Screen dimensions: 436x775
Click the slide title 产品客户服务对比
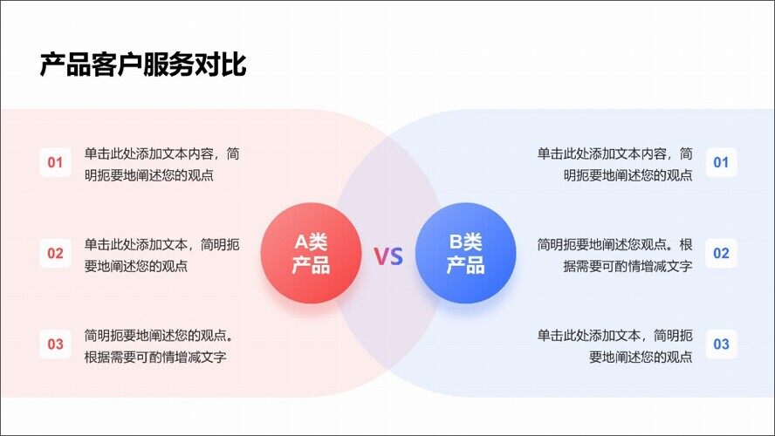pos(143,65)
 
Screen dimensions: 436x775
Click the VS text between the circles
pos(388,256)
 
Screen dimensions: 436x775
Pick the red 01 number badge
pos(55,162)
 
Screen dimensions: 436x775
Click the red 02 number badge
pos(55,253)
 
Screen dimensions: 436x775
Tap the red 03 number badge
pos(55,344)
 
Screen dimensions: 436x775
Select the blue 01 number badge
pos(721,162)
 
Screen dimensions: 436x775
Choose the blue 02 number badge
pos(721,253)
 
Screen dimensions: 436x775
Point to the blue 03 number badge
pos(721,344)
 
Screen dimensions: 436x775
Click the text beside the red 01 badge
pos(161,164)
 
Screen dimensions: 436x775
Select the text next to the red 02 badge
pos(161,255)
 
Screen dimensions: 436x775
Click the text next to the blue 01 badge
pos(615,164)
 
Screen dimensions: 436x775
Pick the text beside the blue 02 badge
pos(615,255)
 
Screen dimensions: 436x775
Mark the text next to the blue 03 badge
pos(615,345)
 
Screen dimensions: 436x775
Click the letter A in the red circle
pos(299,242)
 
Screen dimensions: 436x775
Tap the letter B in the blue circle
pos(455,242)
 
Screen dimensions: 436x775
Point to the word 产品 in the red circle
pos(311,265)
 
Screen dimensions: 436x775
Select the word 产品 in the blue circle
pos(465,265)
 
